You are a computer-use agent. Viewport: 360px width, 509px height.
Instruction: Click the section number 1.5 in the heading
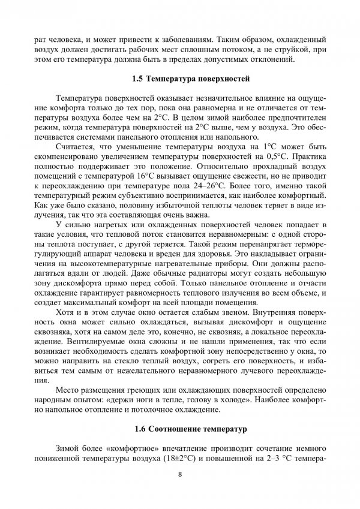[x=137, y=79]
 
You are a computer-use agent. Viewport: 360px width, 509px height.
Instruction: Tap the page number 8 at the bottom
[x=180, y=474]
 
